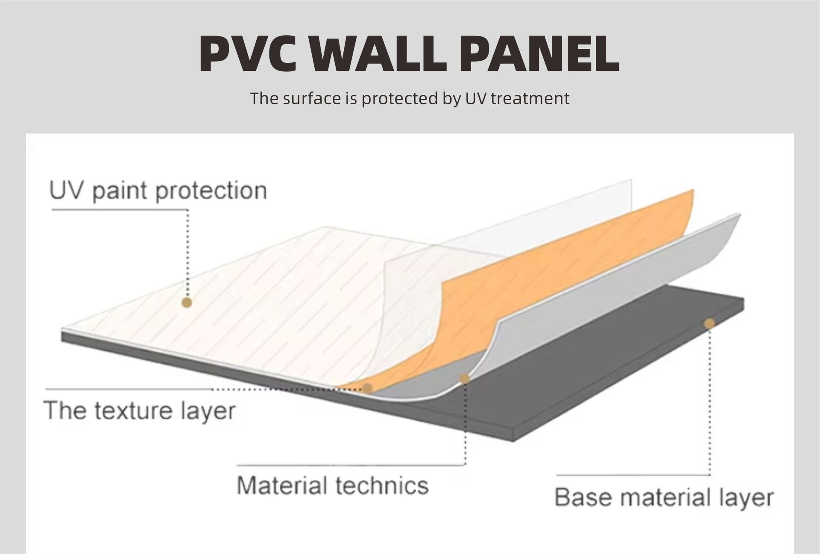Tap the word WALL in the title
point(378,54)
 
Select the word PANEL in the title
point(539,54)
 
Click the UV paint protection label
point(158,191)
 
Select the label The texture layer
point(140,411)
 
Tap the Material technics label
point(332,486)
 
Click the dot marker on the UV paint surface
point(187,303)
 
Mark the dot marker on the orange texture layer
point(367,388)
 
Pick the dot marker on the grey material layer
point(464,378)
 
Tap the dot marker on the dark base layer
point(709,324)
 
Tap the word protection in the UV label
point(211,191)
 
